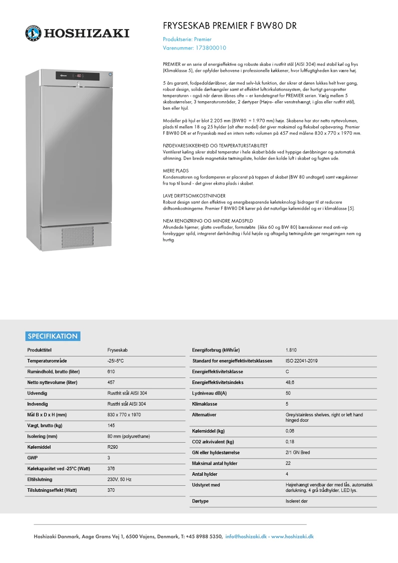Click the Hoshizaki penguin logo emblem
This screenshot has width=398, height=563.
(x=34, y=33)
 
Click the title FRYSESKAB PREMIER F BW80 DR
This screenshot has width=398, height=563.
(x=233, y=26)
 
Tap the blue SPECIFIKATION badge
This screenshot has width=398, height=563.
(x=53, y=336)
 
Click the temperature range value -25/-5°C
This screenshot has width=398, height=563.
(x=115, y=361)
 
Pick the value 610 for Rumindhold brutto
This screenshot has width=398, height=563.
(x=111, y=371)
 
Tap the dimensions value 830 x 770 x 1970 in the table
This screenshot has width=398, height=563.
(x=124, y=415)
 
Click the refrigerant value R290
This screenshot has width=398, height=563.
(x=112, y=447)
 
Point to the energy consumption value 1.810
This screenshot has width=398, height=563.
(x=291, y=349)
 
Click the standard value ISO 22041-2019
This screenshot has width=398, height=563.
(x=301, y=360)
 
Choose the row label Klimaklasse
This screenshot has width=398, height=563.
(x=204, y=404)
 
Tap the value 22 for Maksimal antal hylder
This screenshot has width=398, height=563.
(x=288, y=463)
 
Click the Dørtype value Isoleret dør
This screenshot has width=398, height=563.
(x=297, y=501)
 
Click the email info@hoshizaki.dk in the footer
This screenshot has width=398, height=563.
(x=247, y=536)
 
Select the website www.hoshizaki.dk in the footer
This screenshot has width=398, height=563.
(x=292, y=536)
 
